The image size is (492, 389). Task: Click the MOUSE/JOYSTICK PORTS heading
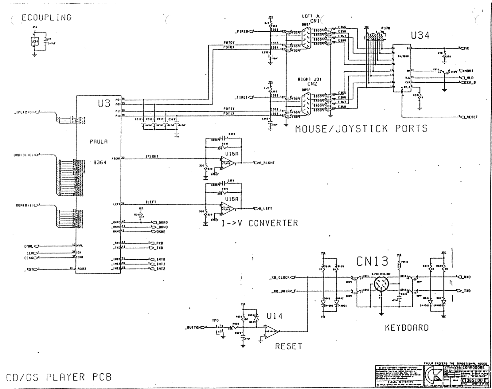(x=361, y=128)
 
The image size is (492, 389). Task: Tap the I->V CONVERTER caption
(x=260, y=223)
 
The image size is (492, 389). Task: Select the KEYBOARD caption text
(x=407, y=328)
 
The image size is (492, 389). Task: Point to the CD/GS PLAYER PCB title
(x=59, y=377)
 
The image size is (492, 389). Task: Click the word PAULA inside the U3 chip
(x=99, y=142)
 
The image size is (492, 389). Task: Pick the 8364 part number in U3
(x=100, y=162)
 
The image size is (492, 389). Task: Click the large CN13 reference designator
(x=372, y=261)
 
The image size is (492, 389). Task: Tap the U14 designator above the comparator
(x=274, y=316)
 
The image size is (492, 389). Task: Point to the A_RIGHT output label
(x=266, y=163)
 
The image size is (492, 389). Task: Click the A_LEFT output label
(x=265, y=209)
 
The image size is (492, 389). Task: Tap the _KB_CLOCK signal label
(x=279, y=277)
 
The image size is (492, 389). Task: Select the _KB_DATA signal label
(x=281, y=291)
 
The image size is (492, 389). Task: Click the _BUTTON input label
(x=193, y=328)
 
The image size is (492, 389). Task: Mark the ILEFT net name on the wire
(x=151, y=202)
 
